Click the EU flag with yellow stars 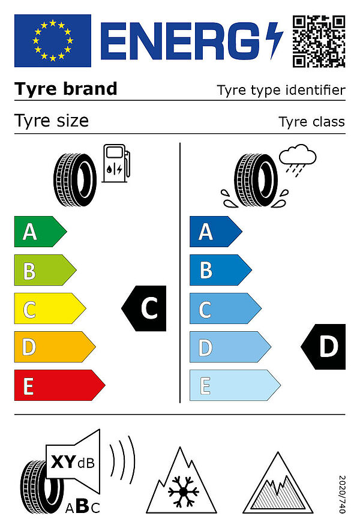pos(53,41)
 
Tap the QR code pos(319,41)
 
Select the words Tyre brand pos(66,89)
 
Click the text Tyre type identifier pos(281,90)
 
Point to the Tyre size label pos(52,121)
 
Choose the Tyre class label pos(312,122)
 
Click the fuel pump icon pos(116,164)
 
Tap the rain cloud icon pos(298,160)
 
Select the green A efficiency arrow pos(40,232)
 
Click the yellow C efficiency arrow pos(50,308)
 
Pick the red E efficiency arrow pos(59,385)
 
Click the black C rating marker pos(144,308)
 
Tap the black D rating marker pos(323,347)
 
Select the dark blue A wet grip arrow pos(216,232)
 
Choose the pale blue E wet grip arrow pos(235,385)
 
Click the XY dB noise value pos(73,462)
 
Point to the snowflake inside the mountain pos(183,492)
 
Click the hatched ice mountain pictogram pos(278,483)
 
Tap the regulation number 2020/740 pos(342,494)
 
